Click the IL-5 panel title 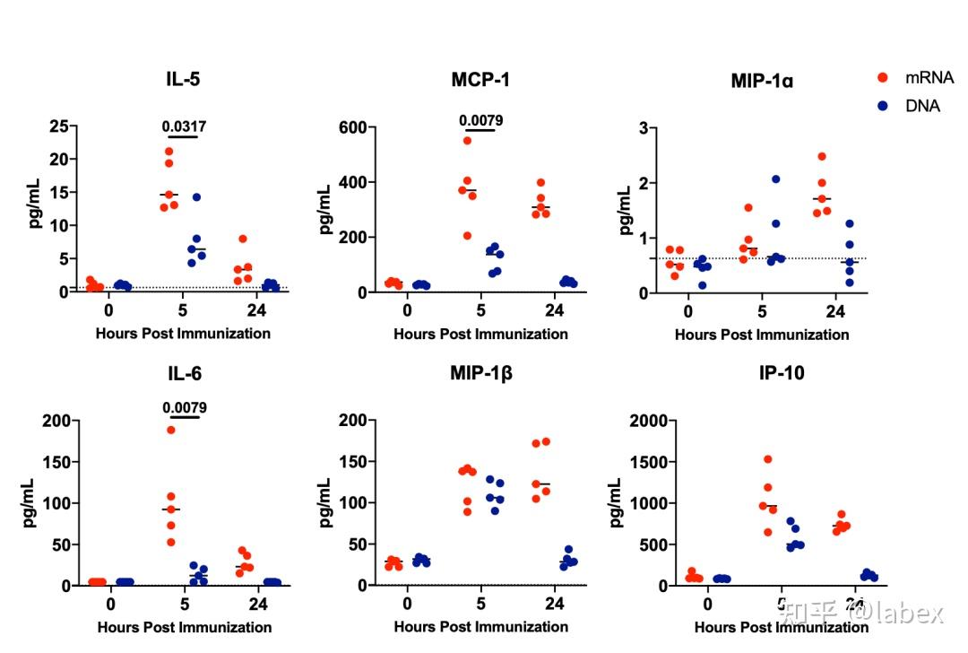[x=184, y=79]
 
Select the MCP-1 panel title [x=480, y=80]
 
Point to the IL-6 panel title [x=184, y=372]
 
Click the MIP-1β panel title [x=480, y=372]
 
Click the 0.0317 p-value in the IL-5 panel [x=184, y=126]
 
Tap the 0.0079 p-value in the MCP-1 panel [x=480, y=120]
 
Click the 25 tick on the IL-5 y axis [x=58, y=126]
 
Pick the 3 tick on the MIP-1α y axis [x=643, y=128]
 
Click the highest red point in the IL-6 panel [x=170, y=430]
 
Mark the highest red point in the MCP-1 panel [x=467, y=141]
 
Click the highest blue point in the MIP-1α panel [x=775, y=179]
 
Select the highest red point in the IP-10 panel [x=768, y=459]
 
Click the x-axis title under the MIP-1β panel [x=480, y=627]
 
